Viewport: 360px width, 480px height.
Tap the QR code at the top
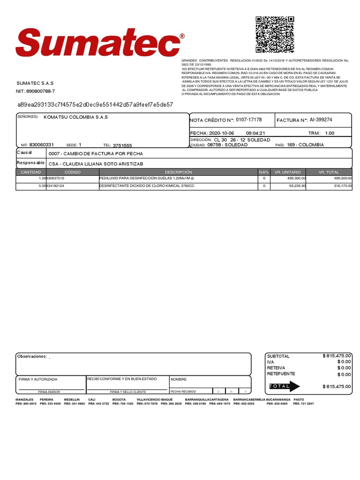[275, 34]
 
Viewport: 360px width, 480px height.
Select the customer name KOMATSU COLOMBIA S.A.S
[75, 117]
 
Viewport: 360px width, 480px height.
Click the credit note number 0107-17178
[248, 120]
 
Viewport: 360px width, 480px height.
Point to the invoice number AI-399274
[321, 120]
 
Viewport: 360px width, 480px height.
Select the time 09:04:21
[255, 133]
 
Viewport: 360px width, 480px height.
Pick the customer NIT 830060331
[41, 145]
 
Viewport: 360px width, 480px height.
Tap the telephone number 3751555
[122, 146]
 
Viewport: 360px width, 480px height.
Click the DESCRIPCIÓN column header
[178, 172]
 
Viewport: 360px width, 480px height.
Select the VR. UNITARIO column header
[288, 172]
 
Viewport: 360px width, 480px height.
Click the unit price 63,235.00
[296, 186]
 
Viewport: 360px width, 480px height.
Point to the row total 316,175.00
[340, 186]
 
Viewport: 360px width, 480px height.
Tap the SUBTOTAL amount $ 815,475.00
[337, 356]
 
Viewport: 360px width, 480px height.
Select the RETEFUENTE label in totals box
[281, 374]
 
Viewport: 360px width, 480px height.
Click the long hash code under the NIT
[95, 105]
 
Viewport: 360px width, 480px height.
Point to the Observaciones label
[32, 357]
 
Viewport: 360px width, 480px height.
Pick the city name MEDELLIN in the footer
[72, 399]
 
